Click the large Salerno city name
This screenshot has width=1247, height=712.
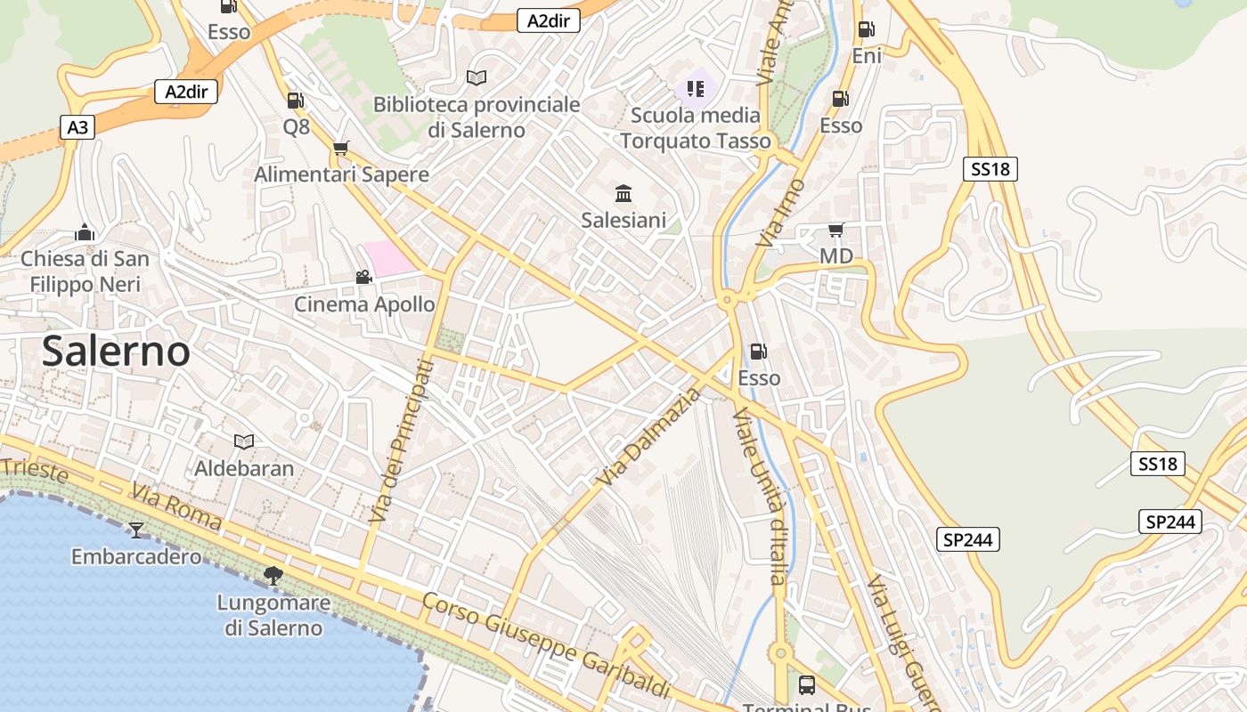116,352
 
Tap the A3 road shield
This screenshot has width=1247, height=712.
77,128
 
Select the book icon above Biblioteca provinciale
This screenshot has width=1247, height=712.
477,78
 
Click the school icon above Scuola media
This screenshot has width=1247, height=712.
696,89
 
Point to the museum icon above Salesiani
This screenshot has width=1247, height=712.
623,193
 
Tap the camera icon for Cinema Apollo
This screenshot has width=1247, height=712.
363,277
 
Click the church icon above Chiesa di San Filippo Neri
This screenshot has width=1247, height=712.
85,233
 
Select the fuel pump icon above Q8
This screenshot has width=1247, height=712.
296,101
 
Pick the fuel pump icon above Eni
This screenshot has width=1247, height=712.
866,29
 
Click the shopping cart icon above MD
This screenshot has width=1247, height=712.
835,231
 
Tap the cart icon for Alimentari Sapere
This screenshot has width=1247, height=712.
340,148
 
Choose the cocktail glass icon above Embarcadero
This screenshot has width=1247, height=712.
135,530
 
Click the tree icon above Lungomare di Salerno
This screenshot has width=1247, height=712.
273,576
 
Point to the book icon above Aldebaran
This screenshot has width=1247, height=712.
243,441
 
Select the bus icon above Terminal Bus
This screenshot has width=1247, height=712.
806,684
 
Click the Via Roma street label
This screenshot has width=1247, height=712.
175,508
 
